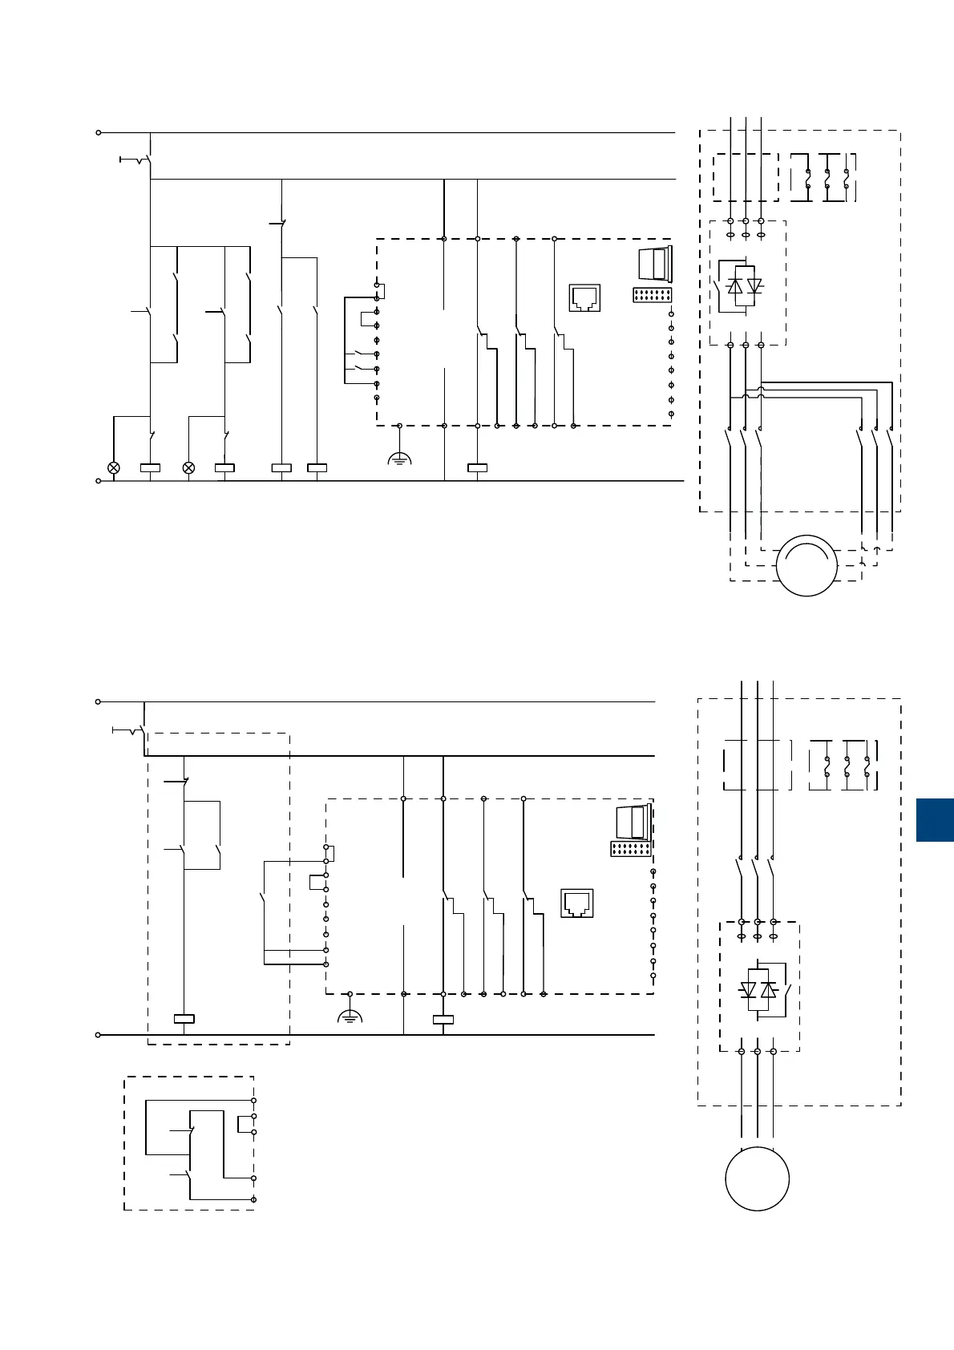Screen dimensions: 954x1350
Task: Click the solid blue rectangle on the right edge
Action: point(935,819)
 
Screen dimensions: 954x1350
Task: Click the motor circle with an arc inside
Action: point(807,565)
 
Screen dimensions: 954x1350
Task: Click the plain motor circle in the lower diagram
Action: point(757,1178)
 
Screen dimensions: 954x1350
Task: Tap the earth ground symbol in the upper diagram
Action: point(399,459)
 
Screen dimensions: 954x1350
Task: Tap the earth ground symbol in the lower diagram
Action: point(350,1017)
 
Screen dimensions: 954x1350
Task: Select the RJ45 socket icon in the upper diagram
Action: point(584,297)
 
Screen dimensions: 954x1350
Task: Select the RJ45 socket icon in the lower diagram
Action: point(576,903)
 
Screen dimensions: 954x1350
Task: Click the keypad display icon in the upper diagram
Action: point(655,264)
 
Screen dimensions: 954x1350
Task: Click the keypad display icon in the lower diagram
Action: point(633,823)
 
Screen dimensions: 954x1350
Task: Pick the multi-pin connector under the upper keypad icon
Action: point(653,295)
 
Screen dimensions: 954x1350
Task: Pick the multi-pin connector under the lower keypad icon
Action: point(630,849)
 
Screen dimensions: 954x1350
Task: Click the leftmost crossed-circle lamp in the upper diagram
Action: point(114,467)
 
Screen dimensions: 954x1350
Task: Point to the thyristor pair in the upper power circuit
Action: point(745,286)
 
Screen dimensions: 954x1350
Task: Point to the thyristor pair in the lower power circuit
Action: point(758,990)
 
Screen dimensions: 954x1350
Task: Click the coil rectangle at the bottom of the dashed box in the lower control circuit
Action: point(184,1019)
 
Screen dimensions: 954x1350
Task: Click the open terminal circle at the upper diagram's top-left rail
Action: point(99,132)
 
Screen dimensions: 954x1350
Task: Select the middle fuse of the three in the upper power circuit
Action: point(827,178)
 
